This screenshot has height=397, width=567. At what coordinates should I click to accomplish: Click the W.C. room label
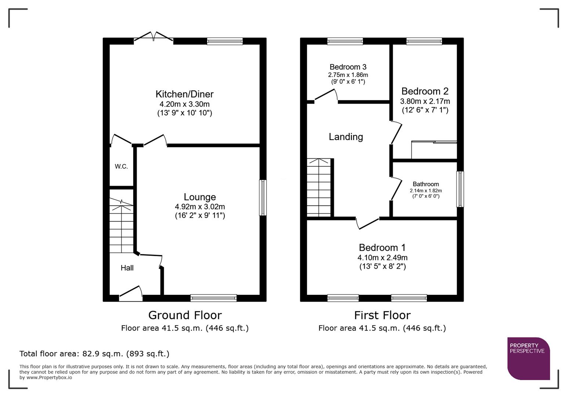[121, 167]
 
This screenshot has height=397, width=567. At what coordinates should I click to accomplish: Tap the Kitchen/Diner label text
[184, 94]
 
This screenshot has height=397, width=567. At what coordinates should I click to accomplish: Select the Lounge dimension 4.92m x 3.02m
[200, 207]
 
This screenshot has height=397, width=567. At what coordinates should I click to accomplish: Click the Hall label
[127, 268]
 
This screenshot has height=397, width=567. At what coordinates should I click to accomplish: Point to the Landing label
[346, 137]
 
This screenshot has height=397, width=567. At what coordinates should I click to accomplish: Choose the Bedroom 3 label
[348, 67]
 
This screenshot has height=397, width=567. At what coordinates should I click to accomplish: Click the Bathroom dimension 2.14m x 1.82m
[426, 191]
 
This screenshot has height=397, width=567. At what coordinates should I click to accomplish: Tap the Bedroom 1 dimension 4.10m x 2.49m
[382, 258]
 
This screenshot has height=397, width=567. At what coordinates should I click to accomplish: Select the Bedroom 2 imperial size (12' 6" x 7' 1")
[425, 110]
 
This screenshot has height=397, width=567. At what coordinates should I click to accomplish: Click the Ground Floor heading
[185, 315]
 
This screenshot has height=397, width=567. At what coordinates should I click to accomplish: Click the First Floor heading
[382, 315]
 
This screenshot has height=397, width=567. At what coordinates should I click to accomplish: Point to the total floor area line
[94, 354]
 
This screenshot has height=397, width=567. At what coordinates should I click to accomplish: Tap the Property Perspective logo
[528, 358]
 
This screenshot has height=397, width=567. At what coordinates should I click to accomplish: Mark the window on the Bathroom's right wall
[460, 189]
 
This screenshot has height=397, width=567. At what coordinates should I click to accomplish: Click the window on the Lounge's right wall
[263, 197]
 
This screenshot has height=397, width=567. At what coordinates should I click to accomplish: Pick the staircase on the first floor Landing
[319, 187]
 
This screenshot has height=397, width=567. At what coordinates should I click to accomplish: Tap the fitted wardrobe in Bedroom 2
[434, 150]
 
